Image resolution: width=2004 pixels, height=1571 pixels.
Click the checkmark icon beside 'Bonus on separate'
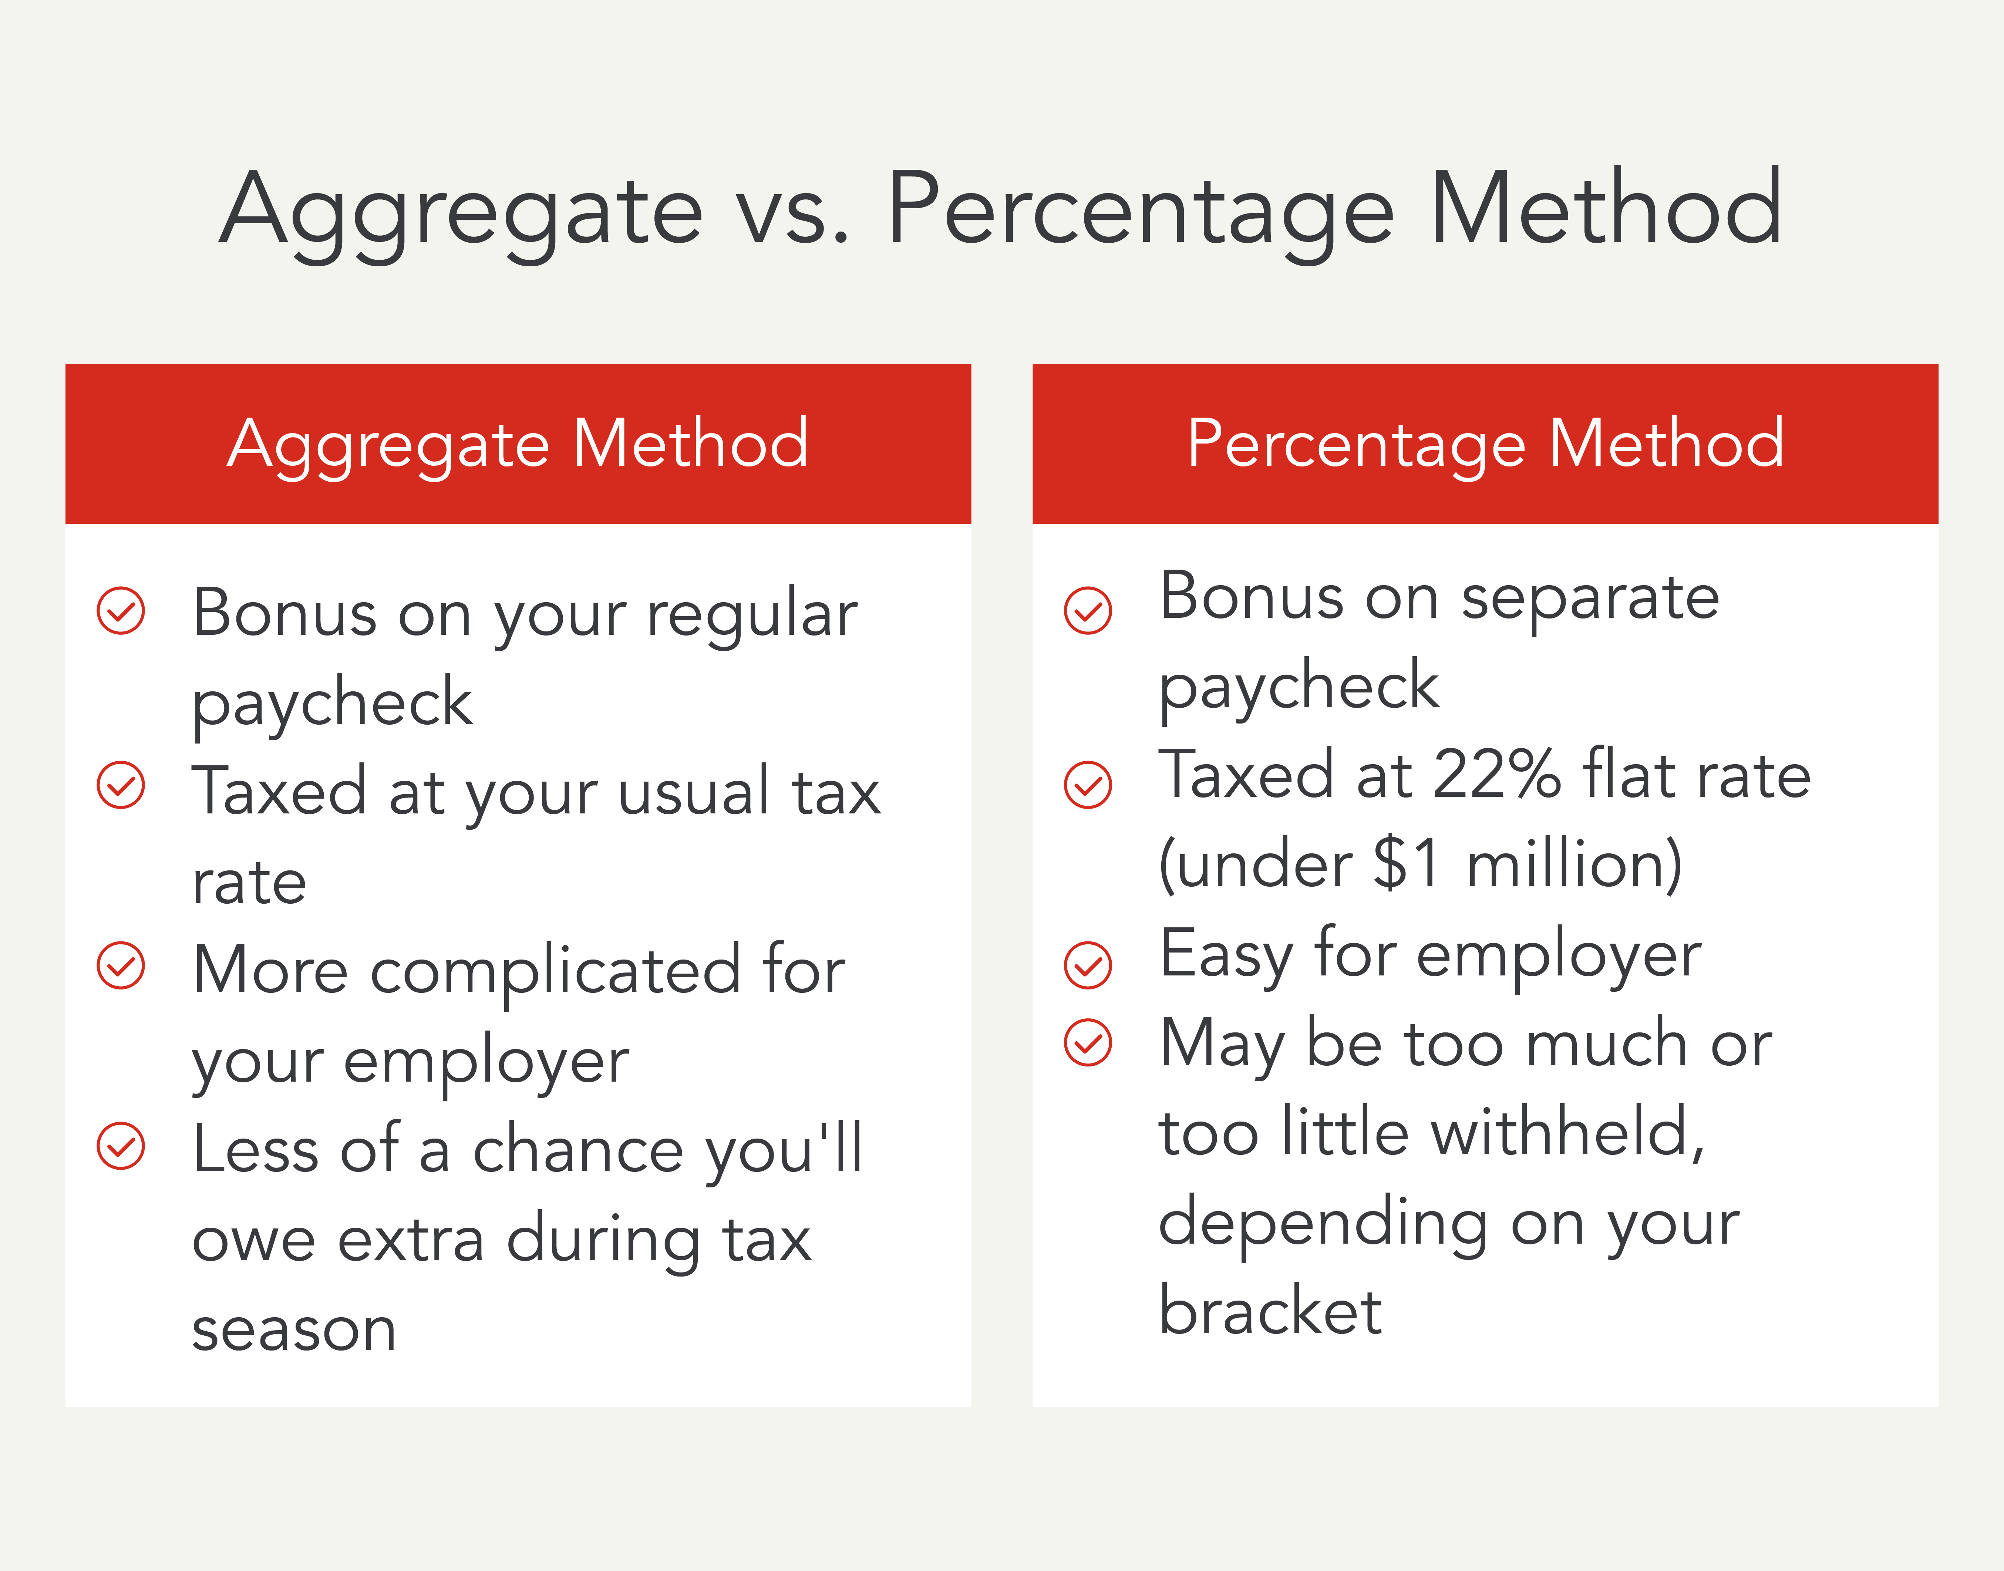tap(1088, 611)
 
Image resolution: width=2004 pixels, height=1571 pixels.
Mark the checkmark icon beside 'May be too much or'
tap(1088, 1042)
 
